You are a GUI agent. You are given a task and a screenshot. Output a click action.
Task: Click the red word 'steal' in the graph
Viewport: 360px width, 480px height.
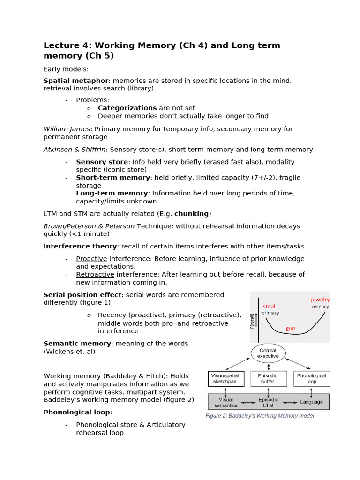point(269,307)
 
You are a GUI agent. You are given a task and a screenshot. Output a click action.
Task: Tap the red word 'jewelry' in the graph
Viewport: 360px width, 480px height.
point(320,300)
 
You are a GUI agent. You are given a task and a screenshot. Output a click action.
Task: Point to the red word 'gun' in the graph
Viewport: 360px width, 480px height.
point(291,328)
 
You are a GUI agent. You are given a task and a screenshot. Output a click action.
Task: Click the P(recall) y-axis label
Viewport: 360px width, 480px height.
point(253,321)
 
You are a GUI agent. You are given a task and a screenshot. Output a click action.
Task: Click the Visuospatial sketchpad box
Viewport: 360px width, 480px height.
point(225,378)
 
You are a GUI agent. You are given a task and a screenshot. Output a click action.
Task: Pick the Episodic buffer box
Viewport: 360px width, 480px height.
point(268,378)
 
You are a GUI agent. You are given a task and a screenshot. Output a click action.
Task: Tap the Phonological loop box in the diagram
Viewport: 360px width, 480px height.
point(311,378)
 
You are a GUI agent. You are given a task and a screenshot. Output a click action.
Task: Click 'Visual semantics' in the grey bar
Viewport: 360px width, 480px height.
point(226,402)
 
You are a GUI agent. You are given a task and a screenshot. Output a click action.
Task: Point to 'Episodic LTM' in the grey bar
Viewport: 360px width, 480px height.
point(268,402)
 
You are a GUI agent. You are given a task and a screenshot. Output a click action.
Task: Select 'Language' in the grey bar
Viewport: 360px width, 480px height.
point(311,402)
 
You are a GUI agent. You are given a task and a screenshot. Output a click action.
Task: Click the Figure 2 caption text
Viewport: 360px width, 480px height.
point(260,416)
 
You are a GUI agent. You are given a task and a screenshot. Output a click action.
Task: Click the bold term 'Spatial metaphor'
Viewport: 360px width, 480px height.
point(76,81)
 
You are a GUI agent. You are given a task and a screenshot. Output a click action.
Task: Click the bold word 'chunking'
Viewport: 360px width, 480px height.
point(191,214)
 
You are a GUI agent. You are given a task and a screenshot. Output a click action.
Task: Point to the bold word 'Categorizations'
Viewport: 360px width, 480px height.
point(127,108)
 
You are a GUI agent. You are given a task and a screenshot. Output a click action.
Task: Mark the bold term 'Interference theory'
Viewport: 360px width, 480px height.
point(80,246)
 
